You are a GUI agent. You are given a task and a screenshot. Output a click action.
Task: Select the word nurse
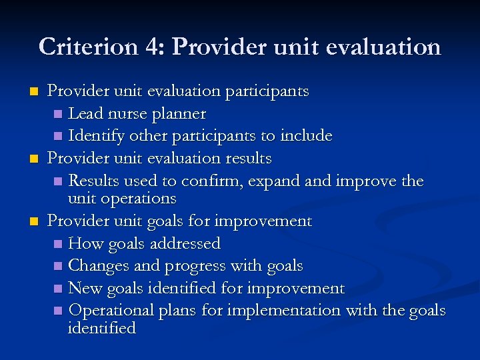tap(127, 114)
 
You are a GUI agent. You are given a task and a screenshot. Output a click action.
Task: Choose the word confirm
tap(207, 181)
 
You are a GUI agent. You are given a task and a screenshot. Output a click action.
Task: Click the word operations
tap(138, 199)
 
